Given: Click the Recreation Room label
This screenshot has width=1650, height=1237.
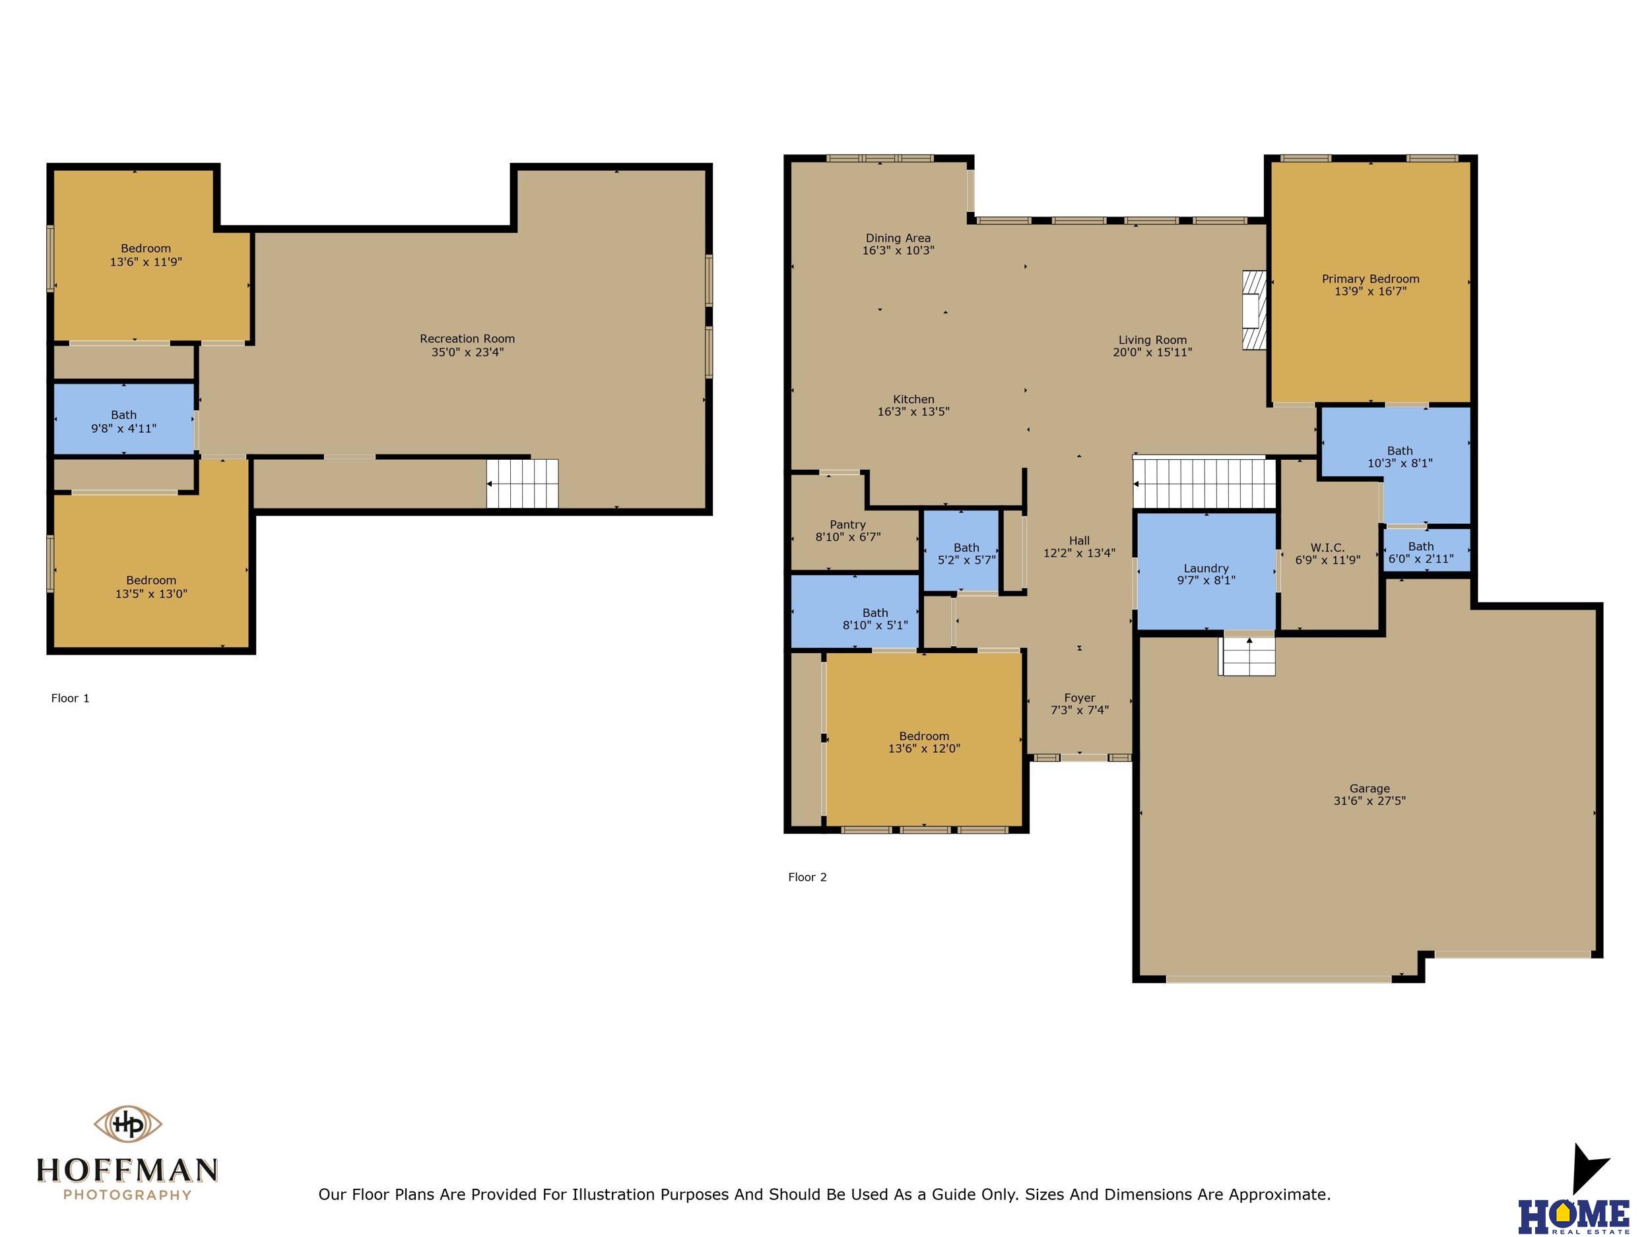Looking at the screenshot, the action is (x=467, y=338).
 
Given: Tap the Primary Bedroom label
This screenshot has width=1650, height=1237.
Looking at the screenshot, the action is (x=1370, y=279).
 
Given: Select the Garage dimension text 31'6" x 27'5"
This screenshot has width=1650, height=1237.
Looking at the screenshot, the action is (x=1369, y=801).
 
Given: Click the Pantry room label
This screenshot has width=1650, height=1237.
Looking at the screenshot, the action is (x=847, y=524).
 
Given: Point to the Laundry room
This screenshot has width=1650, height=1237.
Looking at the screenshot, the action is (x=1206, y=572).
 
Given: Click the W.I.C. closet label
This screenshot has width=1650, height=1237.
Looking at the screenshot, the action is (x=1328, y=548).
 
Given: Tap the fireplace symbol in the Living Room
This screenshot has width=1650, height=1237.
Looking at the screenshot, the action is (x=1254, y=309).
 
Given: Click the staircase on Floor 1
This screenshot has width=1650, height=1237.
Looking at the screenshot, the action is (x=522, y=483).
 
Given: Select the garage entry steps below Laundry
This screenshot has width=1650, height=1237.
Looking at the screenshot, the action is (x=1247, y=654).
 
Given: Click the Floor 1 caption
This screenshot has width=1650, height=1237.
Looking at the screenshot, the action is (x=70, y=698).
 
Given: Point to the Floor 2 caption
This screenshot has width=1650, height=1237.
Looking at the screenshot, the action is (x=807, y=877).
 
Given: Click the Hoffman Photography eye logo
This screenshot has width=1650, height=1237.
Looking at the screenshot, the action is (x=127, y=1124).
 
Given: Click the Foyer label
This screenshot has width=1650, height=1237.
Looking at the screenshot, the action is (x=1079, y=698).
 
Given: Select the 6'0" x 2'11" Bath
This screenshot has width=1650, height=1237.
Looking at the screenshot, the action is (x=1427, y=550).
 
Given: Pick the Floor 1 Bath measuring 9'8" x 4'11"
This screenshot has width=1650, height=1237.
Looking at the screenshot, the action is (x=124, y=418).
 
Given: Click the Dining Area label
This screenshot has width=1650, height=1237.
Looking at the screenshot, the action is (x=898, y=238).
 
